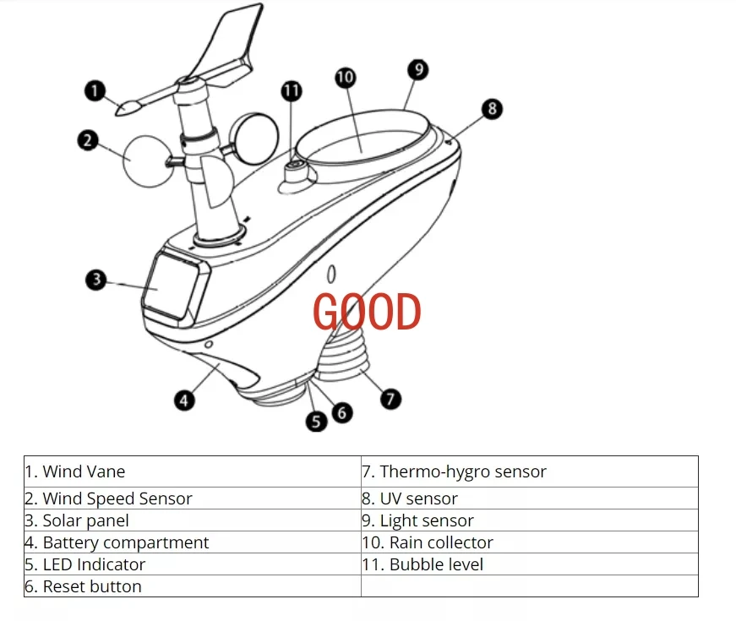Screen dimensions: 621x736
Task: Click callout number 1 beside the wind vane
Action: pyautogui.click(x=95, y=89)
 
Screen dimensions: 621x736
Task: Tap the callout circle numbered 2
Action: pyautogui.click(x=88, y=139)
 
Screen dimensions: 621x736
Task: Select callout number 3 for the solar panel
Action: pyautogui.click(x=97, y=279)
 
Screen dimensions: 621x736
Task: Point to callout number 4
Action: pyautogui.click(x=184, y=400)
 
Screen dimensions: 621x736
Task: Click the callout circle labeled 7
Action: pyautogui.click(x=390, y=398)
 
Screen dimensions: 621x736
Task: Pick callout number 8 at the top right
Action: pyautogui.click(x=491, y=108)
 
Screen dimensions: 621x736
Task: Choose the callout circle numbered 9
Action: pyautogui.click(x=417, y=69)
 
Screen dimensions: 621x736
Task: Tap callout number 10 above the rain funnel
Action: pyautogui.click(x=345, y=78)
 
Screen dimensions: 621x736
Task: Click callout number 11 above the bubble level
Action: pyautogui.click(x=292, y=89)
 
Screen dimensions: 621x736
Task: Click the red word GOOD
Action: pyautogui.click(x=367, y=313)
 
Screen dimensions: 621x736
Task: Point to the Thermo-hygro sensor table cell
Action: pyautogui.click(x=463, y=471)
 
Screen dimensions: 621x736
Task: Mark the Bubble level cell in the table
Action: pyautogui.click(x=436, y=564)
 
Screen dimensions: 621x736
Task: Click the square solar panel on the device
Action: pyautogui.click(x=175, y=286)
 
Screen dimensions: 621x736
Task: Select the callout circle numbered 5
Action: pyautogui.click(x=317, y=421)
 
